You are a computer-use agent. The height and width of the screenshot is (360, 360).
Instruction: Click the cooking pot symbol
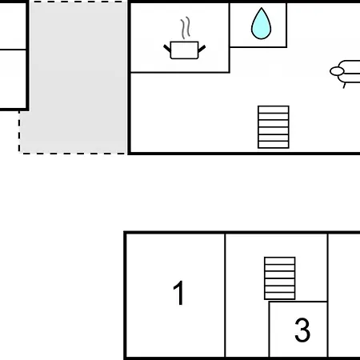[x=184, y=50]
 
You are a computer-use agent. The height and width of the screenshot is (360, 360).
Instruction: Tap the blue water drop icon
[x=261, y=23]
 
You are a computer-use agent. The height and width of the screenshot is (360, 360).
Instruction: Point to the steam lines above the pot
[x=186, y=28]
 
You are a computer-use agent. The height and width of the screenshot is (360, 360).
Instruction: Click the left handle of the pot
[x=167, y=49]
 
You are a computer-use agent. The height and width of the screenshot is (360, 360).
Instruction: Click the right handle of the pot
[x=202, y=49]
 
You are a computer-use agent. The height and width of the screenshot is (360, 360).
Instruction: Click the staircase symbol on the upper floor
[x=274, y=127]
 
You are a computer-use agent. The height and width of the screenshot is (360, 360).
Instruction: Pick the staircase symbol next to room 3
[x=280, y=278]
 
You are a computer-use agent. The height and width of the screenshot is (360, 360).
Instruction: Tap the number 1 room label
[x=178, y=293]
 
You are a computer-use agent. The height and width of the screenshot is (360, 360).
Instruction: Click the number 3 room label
[x=302, y=330]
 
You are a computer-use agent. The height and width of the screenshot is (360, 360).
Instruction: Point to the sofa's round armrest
[x=337, y=71]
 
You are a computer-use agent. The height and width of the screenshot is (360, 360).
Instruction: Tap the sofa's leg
[x=344, y=86]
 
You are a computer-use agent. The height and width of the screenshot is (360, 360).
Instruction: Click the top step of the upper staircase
[x=274, y=110]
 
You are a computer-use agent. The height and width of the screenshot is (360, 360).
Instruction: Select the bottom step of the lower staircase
[x=280, y=296]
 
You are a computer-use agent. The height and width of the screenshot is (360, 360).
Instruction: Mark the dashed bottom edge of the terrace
[x=73, y=154]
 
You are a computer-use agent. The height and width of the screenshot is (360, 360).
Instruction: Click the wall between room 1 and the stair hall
[x=225, y=295]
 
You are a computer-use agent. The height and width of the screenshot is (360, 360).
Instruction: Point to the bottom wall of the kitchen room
[x=180, y=72]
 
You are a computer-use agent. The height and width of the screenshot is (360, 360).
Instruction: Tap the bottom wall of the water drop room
[x=258, y=47]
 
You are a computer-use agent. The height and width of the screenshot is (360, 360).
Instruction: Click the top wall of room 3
[x=298, y=302]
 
